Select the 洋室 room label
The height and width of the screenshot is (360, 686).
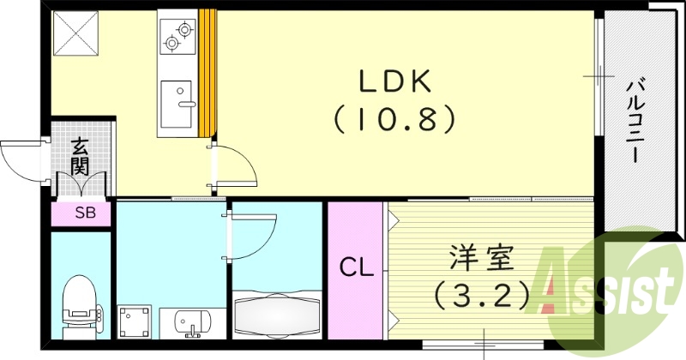(x=482, y=260)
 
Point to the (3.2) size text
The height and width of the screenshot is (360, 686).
(x=481, y=297)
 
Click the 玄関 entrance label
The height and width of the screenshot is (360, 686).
(x=80, y=156)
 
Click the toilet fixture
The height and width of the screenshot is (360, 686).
(x=80, y=303)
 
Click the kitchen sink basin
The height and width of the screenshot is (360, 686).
(x=178, y=105)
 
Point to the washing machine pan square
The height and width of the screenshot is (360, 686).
(x=134, y=322)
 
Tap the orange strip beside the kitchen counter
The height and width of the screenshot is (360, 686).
(x=206, y=73)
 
